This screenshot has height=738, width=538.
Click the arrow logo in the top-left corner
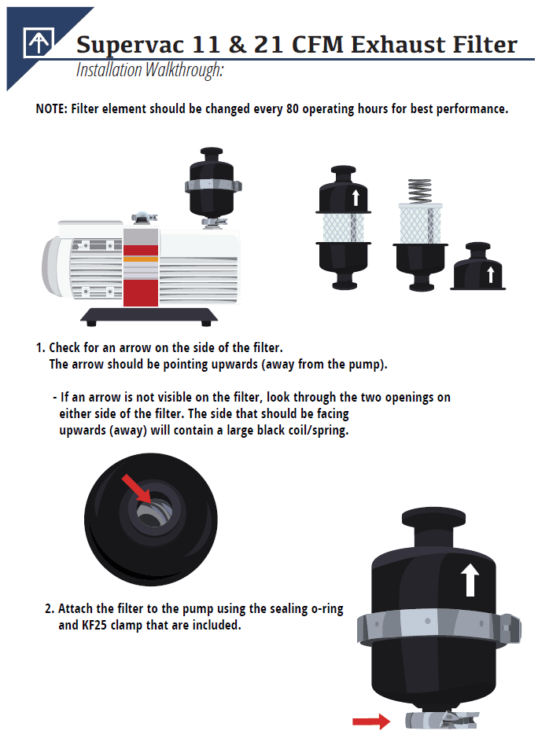[39, 42]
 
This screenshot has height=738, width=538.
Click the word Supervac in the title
[130, 46]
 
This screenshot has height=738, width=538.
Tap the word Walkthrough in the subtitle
[184, 70]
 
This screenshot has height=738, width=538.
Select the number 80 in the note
[292, 108]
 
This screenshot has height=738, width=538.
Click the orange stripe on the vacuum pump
[140, 259]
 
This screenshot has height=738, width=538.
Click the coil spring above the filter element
[420, 191]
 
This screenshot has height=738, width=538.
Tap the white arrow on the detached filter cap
[491, 274]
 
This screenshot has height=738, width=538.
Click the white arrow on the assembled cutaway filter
[356, 198]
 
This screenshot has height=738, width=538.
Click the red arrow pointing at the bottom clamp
[371, 721]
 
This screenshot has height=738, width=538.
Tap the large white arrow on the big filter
[470, 580]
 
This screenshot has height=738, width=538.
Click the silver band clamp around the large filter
[439, 628]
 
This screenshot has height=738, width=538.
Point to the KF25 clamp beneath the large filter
[442, 720]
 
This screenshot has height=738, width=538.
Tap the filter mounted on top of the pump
[213, 186]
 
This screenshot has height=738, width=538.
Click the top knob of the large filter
[433, 517]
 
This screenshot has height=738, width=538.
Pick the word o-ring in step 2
[327, 609]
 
